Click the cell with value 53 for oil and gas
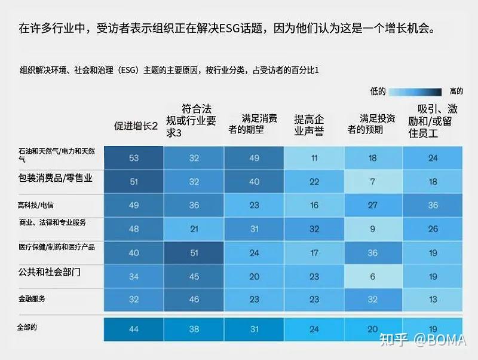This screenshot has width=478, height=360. click(x=133, y=158)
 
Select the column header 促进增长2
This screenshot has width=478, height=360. click(x=136, y=126)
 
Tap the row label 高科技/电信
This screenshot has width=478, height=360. click(x=38, y=205)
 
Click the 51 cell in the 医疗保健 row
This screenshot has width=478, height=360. click(x=194, y=253)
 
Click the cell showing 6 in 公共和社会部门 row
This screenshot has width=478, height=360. click(x=373, y=276)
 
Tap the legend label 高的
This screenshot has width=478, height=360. click(x=455, y=91)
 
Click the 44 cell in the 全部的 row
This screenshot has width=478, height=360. click(x=133, y=329)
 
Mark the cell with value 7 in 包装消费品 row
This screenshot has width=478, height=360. click(x=373, y=182)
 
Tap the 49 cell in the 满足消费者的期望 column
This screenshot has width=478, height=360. click(x=253, y=158)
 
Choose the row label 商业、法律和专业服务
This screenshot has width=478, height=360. click(x=53, y=222)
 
